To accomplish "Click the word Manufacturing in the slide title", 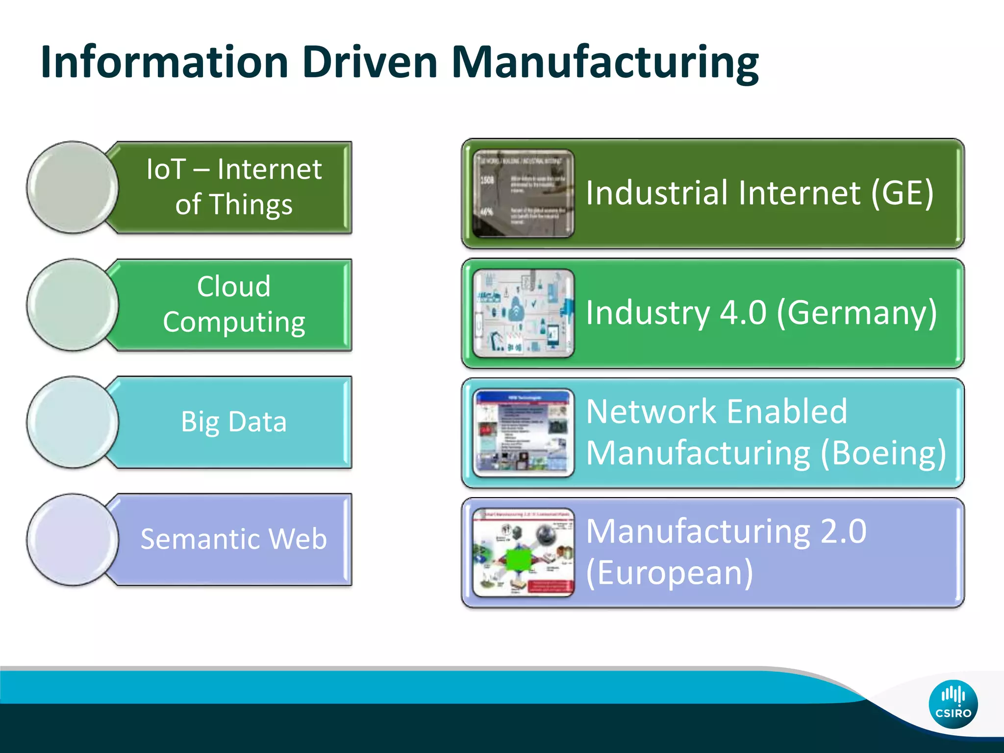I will point(605,63).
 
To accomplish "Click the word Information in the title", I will point(165,63).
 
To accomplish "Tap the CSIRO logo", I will point(953,704).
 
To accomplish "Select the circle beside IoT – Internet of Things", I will point(73,187).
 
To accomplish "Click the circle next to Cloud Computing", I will point(73,304).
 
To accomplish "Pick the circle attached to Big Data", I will point(73,422).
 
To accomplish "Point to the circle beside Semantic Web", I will point(73,539).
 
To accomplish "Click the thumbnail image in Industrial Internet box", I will point(523,194).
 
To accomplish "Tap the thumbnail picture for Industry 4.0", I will point(523,313).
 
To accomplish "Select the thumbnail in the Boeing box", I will point(523,432).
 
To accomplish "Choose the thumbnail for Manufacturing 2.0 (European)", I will point(523,552).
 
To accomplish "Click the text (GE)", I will point(902,193).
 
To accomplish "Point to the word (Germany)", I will point(857,312).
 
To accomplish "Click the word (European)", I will point(669,572).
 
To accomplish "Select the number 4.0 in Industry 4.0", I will point(743,312).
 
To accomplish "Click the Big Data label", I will point(234,422).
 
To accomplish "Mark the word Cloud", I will point(234,286).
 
